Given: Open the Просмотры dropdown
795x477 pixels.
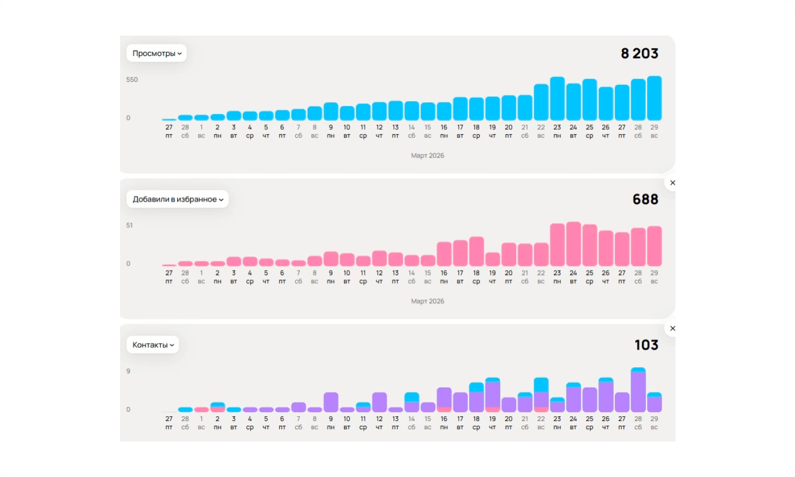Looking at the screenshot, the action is point(157,53).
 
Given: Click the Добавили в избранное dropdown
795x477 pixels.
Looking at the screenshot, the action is point(177,199).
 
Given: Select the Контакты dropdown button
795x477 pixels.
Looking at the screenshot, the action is point(153,345).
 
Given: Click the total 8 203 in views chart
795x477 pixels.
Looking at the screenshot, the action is point(639,54).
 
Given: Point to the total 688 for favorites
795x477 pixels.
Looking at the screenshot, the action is point(646,199).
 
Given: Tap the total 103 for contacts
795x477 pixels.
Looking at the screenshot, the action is point(647,345).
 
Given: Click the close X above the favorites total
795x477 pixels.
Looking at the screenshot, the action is point(672,183).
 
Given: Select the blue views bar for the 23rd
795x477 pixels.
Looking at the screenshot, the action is point(557,98).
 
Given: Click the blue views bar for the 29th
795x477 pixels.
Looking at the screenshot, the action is point(654,98).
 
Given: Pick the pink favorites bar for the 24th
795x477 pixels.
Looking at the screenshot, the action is point(573,244).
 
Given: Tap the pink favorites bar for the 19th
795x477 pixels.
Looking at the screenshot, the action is point(493,259).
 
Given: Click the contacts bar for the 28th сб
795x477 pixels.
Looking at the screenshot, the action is point(638,390).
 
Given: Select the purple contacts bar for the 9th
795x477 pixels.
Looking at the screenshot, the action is point(331,402).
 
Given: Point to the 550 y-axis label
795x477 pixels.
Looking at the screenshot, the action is point(132,80).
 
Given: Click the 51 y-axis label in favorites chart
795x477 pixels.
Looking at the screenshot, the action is point(129,225).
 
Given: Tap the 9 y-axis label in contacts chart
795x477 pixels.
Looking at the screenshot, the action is point(128,371).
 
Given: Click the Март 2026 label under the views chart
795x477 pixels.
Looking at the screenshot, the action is point(428,155).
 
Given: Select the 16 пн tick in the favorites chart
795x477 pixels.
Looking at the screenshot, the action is point(444,277).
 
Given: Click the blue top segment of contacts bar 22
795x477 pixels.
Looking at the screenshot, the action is point(541,385).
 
